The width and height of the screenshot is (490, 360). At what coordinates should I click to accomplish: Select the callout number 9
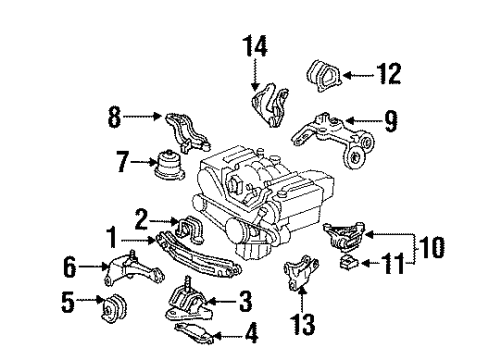391,124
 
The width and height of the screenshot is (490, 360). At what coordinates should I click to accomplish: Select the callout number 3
246,298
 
